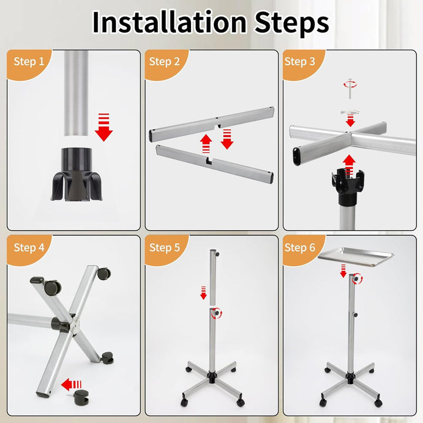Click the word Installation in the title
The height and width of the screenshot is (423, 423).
169,22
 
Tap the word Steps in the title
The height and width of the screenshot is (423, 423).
292,23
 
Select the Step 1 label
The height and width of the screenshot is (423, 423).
29,62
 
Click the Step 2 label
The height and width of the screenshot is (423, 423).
164,62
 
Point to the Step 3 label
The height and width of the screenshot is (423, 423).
300,62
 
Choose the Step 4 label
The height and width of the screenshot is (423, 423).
29,248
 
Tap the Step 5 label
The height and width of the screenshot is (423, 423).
164,248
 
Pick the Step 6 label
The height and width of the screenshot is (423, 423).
300,248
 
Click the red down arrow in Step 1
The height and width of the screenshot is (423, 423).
103,127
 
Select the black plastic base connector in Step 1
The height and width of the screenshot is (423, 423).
77,174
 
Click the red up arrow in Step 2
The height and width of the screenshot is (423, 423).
206,144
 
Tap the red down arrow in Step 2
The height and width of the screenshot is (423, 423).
227,139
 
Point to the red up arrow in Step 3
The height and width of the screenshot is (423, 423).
350,166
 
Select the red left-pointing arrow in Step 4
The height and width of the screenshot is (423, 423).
71,384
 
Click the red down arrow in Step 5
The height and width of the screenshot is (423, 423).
203,293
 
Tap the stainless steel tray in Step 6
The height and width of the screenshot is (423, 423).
356,257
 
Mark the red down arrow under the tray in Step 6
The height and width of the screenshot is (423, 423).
343,271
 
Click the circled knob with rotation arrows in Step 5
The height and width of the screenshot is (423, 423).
216,314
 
